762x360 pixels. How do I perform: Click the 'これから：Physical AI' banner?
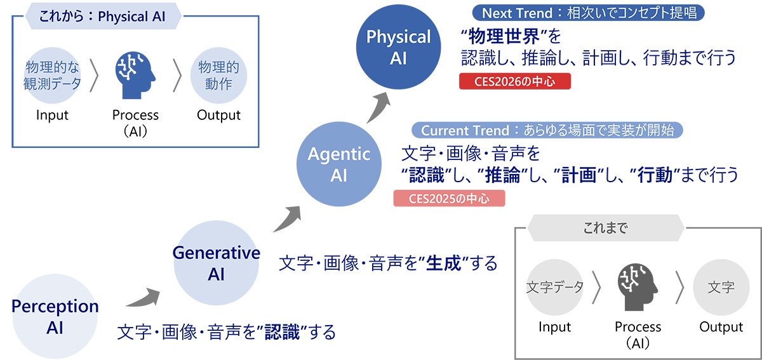(x=102, y=17)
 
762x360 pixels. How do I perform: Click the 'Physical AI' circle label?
(x=398, y=47)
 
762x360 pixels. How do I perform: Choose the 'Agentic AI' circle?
(x=338, y=164)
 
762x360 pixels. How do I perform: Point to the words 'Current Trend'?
(x=465, y=130)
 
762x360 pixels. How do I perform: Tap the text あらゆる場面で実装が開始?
(x=599, y=130)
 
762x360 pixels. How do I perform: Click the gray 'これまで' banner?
(x=605, y=227)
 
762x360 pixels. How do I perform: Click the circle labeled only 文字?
(x=721, y=287)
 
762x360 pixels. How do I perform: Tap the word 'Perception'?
(x=53, y=306)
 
